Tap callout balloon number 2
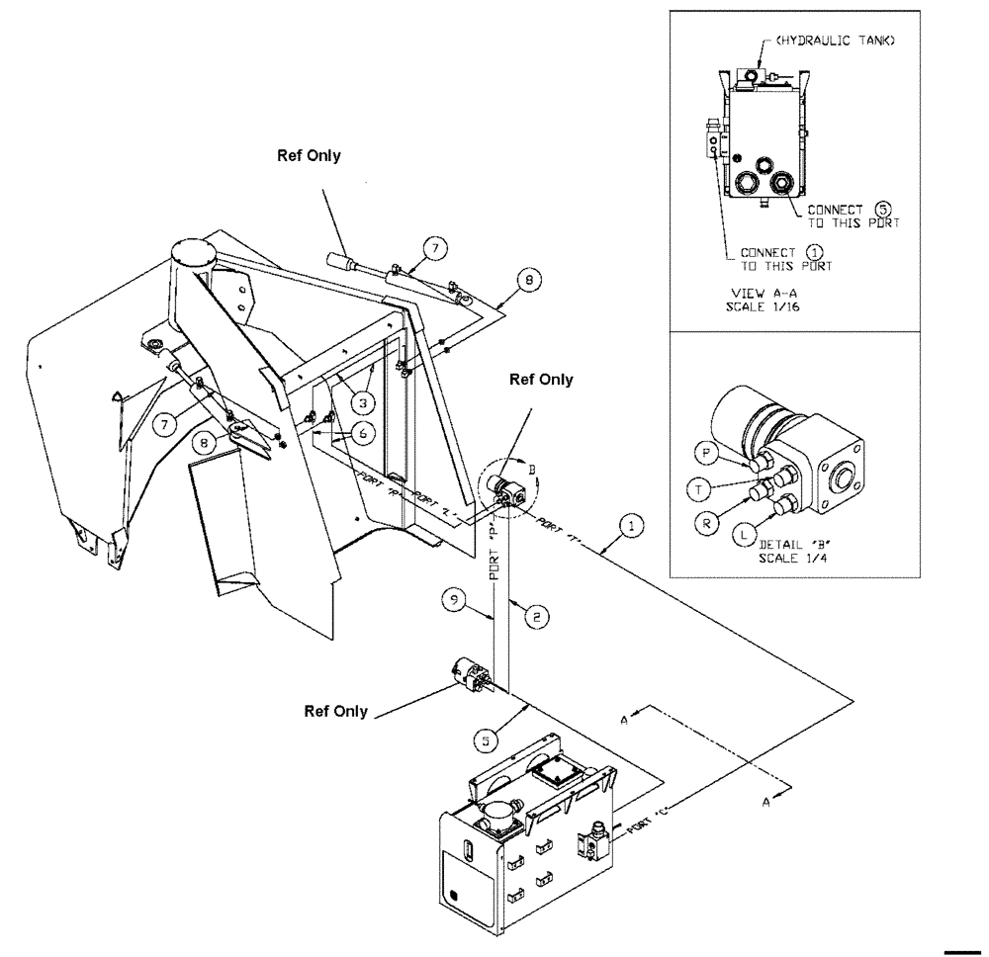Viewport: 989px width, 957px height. (534, 615)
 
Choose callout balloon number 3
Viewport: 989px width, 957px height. (365, 402)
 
